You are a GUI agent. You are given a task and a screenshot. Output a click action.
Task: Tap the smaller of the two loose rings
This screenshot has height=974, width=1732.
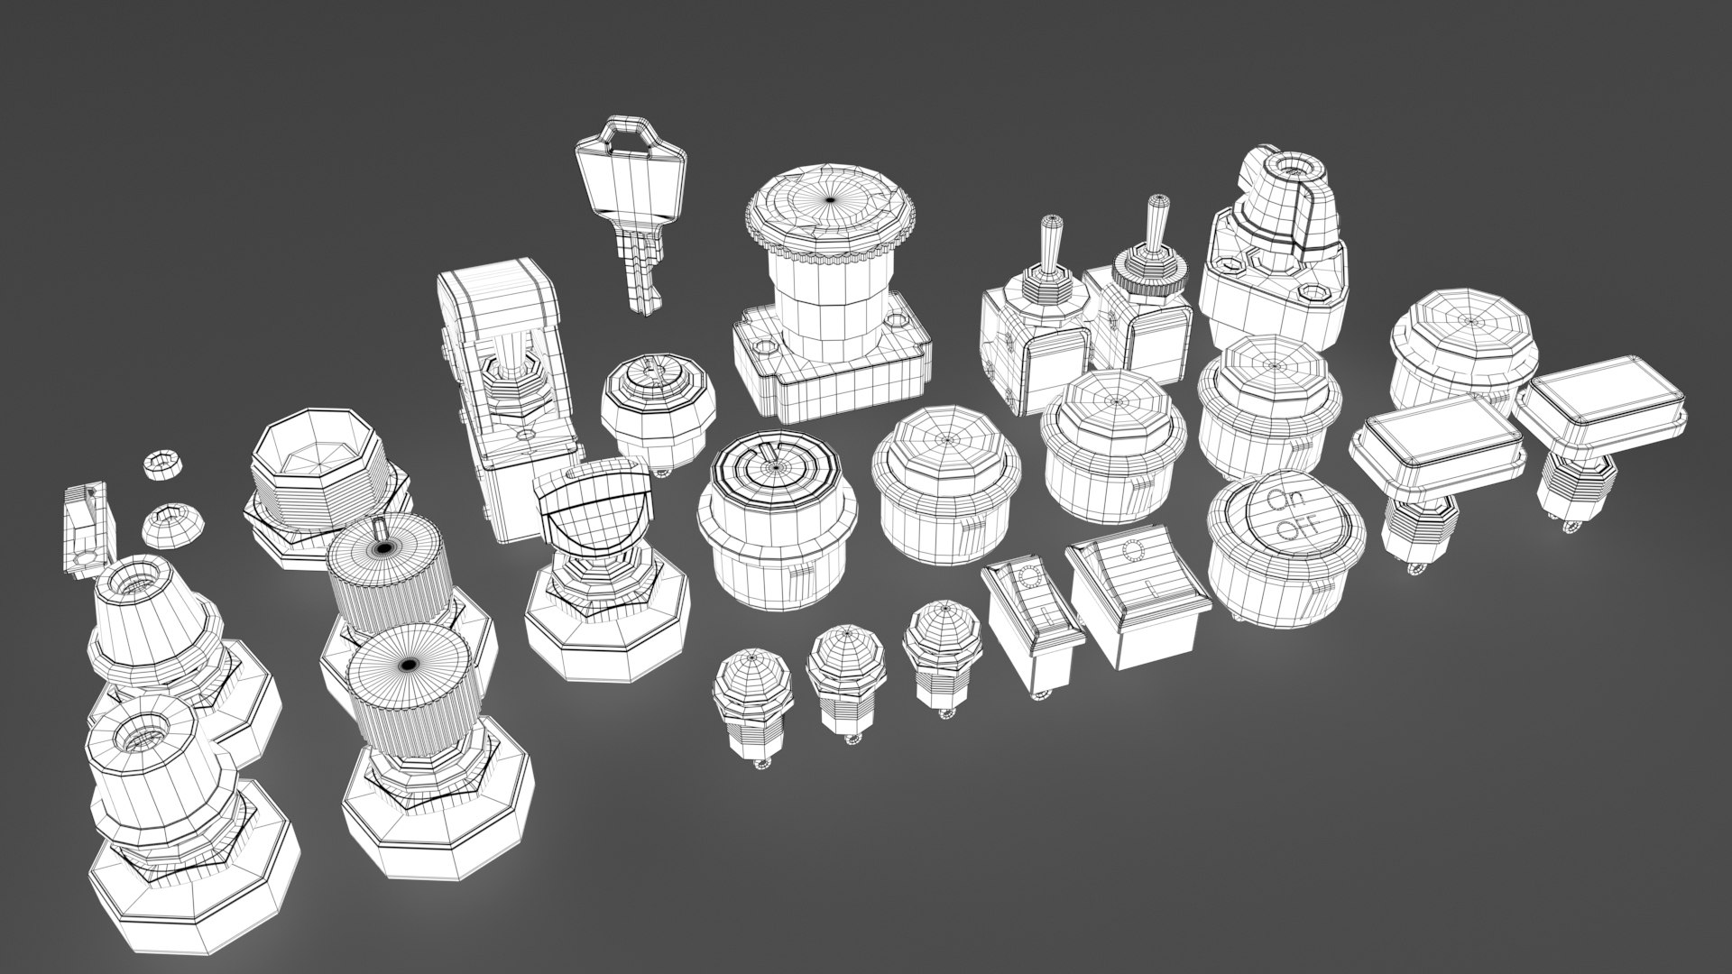click(x=163, y=464)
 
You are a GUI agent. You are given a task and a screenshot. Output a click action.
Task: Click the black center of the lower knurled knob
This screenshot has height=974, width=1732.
click(x=407, y=665)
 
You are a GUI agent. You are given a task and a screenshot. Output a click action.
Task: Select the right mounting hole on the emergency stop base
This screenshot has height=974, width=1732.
click(x=896, y=319)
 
